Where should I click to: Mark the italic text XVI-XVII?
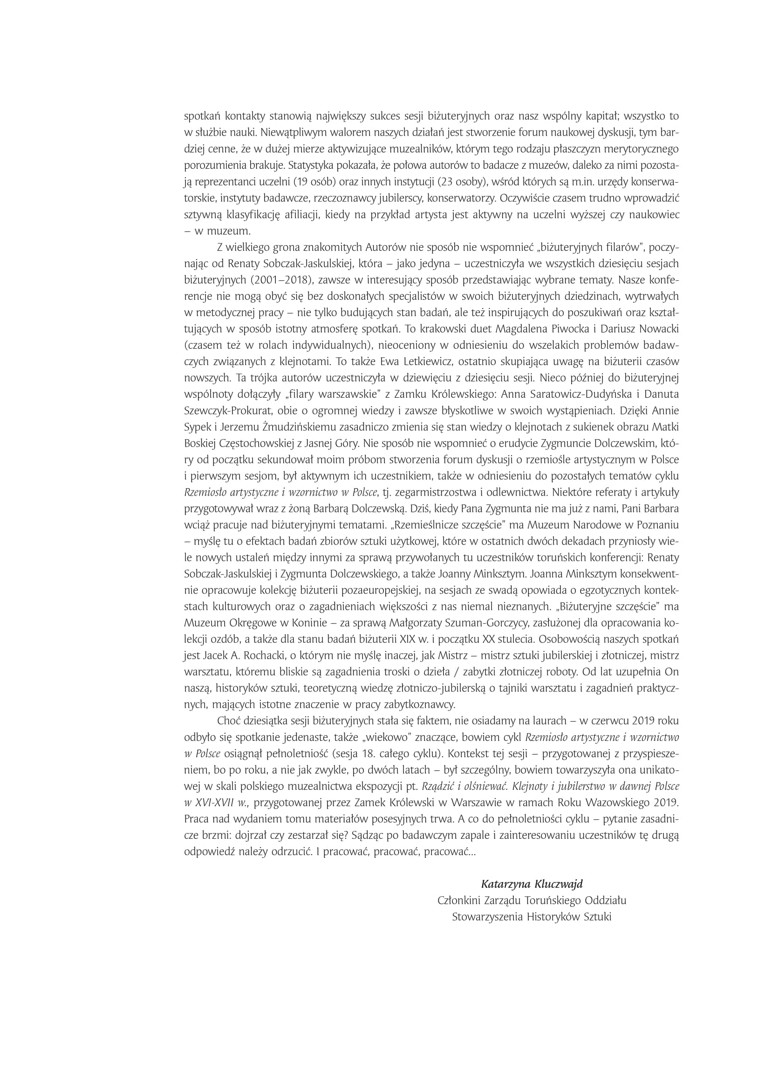(212, 803)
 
